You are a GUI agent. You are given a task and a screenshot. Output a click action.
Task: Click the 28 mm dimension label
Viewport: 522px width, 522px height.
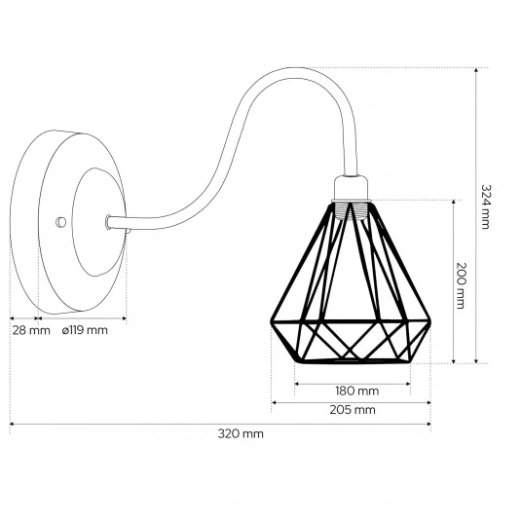click(31, 330)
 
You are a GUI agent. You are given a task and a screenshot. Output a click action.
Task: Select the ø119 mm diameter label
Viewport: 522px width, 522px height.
click(85, 330)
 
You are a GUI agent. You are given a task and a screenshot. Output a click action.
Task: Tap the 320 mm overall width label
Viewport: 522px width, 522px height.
click(241, 433)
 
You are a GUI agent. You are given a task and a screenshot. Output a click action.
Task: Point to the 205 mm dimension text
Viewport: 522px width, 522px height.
click(353, 410)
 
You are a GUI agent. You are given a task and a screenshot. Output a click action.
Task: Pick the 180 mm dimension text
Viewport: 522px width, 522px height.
click(356, 391)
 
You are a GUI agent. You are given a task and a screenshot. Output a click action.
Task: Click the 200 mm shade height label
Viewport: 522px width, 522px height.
click(460, 285)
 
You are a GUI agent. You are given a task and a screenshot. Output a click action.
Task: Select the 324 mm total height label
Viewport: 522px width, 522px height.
click(486, 206)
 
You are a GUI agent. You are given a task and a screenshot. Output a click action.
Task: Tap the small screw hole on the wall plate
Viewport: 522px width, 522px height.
click(61, 222)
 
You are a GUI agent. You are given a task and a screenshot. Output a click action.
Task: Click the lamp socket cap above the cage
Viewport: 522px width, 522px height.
click(352, 188)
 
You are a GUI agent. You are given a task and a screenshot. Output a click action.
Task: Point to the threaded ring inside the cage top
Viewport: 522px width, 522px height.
click(352, 210)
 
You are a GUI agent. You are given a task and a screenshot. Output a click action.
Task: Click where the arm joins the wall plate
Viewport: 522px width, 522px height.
click(108, 222)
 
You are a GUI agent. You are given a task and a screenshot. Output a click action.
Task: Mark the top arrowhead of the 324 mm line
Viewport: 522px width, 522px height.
click(476, 70)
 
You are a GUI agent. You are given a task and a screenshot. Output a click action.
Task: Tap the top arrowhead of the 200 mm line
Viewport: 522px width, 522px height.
click(454, 203)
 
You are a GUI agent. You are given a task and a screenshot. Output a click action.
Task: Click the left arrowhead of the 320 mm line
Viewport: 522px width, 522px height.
click(13, 425)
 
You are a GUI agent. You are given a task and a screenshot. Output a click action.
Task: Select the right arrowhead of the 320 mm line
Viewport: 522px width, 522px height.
click(429, 425)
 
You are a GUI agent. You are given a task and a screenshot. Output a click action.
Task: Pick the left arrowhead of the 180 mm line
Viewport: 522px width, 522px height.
click(297, 384)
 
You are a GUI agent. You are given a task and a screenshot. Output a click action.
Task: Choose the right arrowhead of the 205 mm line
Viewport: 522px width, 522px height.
click(429, 403)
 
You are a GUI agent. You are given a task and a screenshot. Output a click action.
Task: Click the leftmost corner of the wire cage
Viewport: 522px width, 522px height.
click(271, 321)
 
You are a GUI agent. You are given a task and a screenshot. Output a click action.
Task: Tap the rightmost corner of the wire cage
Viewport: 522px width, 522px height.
click(429, 321)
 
